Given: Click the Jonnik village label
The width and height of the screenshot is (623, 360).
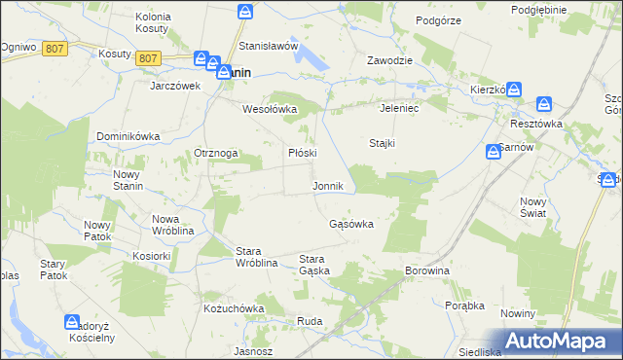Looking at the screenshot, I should pos(327,186).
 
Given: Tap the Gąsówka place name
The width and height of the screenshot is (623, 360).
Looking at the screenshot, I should pos(351,224).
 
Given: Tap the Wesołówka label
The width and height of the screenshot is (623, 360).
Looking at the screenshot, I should pos(269,109).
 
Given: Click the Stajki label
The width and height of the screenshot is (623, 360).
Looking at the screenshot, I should pos(382,143).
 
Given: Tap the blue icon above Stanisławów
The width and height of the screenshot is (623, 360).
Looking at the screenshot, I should pos(246,12).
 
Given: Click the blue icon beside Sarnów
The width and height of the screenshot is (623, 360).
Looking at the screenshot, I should pos(495,152).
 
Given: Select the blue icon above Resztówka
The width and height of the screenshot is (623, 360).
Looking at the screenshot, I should pos(543,103).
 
